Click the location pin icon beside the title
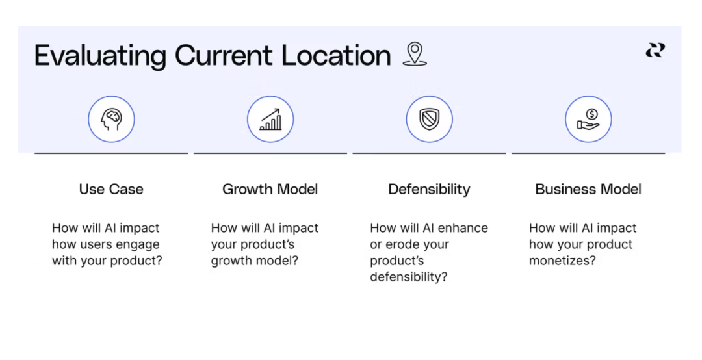coord(415,54)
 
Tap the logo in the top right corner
coord(655,50)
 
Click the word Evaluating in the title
coord(100,56)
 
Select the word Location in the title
coord(336,55)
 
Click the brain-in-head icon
coord(112,119)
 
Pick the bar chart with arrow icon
coord(270,119)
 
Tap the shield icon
coord(430,119)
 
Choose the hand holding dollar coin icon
coord(588,119)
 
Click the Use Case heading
coord(112,189)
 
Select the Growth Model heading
coord(270,189)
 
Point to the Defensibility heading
coord(430,189)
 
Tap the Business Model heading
coord(588,189)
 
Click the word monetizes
coord(562,261)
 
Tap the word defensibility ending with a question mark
coord(409,277)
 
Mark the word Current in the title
coord(224,55)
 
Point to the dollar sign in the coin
coord(592,114)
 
